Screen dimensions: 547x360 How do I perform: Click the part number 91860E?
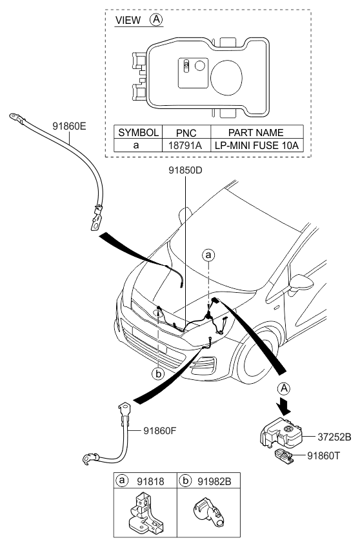68,126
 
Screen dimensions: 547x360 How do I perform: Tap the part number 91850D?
185,172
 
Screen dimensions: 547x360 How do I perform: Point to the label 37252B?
335,437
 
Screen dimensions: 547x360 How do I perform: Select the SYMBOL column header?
137,132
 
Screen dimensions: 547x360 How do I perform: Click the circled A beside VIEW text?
155,20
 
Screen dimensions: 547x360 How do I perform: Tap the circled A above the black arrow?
283,388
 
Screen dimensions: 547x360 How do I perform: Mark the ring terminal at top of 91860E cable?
15,117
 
